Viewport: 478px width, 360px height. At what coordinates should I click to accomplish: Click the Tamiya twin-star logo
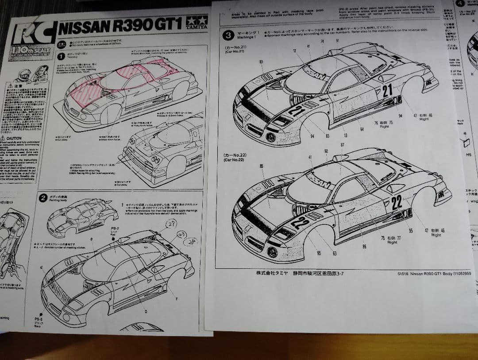197,21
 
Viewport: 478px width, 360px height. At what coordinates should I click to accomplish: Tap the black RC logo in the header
33,32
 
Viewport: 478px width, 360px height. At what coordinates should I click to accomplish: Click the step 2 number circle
44,198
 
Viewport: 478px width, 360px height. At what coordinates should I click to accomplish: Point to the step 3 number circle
228,35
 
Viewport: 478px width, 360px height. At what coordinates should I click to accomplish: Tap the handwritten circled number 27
171,224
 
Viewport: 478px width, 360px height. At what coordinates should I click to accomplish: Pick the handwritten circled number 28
191,241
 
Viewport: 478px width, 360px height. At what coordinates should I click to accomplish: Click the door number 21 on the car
387,91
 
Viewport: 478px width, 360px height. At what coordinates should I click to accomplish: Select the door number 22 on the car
397,202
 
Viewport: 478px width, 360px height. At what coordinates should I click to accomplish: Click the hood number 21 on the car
297,110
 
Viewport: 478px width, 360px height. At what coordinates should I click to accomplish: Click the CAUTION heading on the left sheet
14,138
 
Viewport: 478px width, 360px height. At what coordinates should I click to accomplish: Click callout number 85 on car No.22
261,166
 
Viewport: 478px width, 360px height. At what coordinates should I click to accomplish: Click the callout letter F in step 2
177,299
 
